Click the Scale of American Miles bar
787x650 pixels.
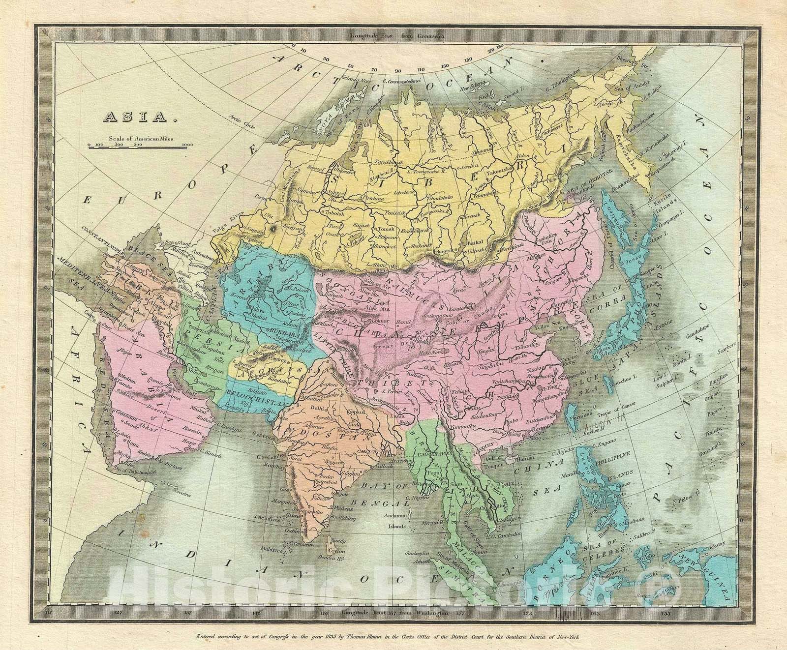tap(141, 145)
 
